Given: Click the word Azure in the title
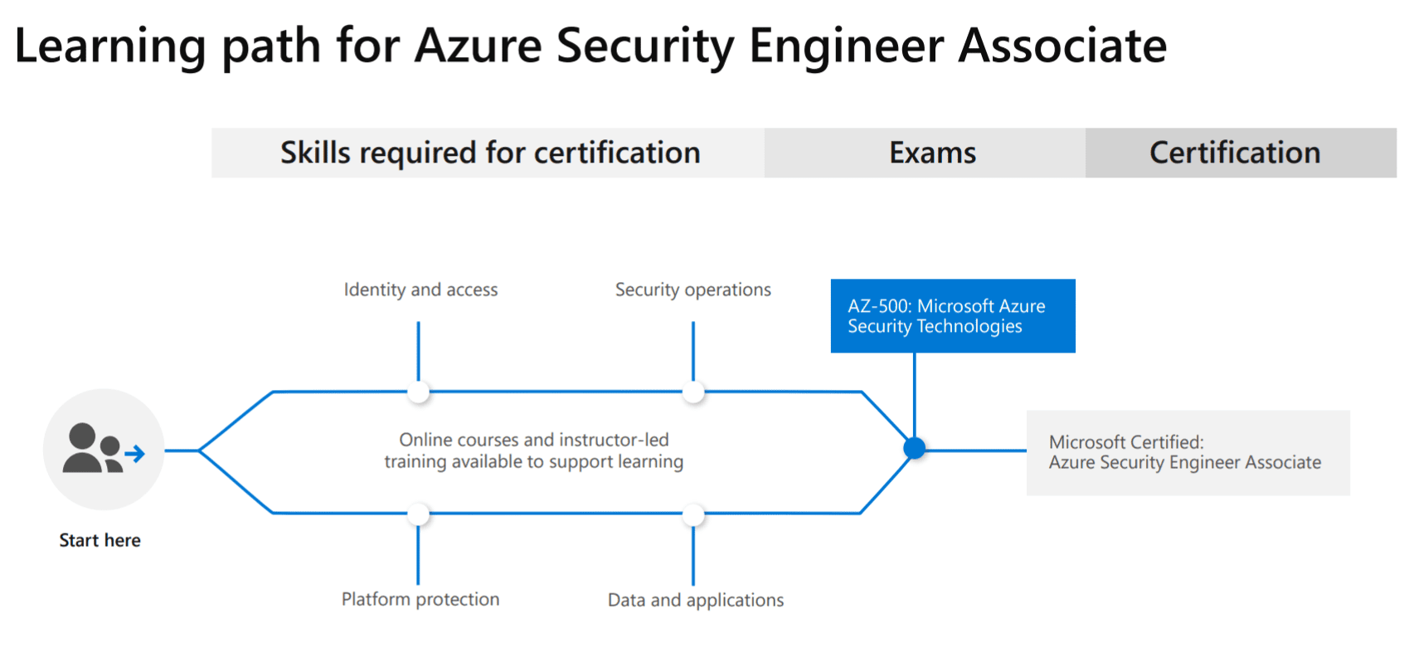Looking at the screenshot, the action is click(x=479, y=46).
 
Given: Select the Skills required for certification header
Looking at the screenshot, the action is click(x=488, y=153).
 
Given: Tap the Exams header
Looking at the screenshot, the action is click(x=925, y=153).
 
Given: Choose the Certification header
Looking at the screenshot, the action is click(x=1241, y=153).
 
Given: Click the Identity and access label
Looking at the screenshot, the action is click(x=420, y=290).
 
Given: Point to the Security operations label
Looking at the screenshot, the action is click(x=693, y=290).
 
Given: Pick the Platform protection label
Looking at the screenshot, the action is click(x=420, y=599).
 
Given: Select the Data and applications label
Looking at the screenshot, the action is click(x=696, y=601).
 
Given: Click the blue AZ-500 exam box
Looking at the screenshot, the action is click(x=953, y=315).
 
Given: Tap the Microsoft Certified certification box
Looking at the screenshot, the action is click(x=1188, y=453).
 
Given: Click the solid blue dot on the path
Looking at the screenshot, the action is click(x=915, y=449).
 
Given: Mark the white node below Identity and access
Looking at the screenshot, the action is click(x=419, y=392).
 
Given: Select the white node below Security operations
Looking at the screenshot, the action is click(x=693, y=392).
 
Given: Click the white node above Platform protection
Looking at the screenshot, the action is click(x=419, y=514).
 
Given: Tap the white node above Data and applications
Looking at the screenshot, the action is click(x=693, y=514).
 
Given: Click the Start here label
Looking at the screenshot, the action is click(x=100, y=540).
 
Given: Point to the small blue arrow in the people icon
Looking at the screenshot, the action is click(x=134, y=454).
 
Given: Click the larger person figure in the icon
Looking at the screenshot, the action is click(x=82, y=448).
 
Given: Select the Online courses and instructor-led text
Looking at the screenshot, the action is click(x=534, y=440).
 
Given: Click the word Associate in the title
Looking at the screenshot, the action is click(x=1062, y=46).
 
